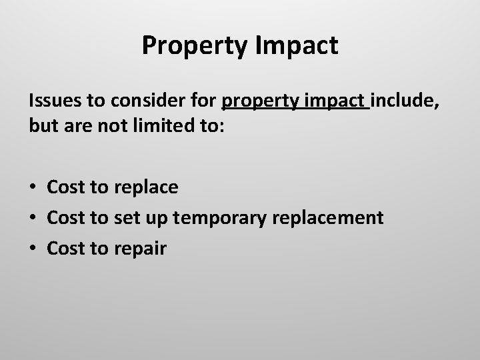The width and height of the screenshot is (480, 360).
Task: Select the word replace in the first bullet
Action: click(x=145, y=187)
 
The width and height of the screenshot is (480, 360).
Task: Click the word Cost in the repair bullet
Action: click(x=65, y=249)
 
